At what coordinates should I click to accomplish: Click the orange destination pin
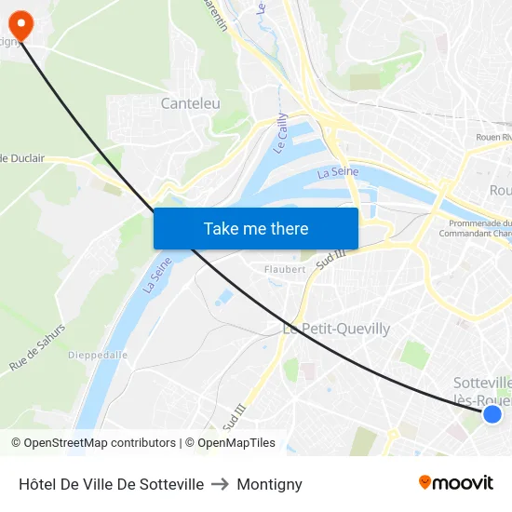pos(20,24)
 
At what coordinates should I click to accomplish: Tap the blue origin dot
pos(492,414)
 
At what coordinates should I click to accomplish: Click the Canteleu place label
pos(191,103)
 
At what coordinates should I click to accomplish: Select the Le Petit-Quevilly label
pos(336,329)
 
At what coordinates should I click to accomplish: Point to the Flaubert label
pos(285,269)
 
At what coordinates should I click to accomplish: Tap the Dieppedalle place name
pos(99,355)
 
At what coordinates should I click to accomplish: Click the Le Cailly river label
pos(280,133)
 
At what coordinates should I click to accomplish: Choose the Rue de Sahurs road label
pos(37,348)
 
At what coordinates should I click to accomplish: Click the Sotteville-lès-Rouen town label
pos(482,391)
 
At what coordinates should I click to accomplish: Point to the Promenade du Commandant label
pos(479,228)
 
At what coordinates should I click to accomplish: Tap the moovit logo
pos(455,482)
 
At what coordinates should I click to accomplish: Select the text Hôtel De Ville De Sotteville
pos(111,484)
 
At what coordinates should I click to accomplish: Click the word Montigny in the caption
pos(269,484)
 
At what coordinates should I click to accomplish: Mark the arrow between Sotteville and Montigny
pos(221,484)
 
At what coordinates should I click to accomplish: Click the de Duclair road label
pos(22,158)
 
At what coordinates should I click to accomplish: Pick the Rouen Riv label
pos(493,137)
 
